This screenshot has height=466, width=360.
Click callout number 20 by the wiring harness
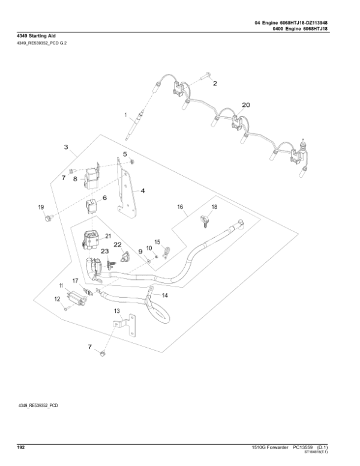coord(245,104)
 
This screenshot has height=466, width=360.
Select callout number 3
coord(66,146)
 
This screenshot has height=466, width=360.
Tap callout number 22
coord(118,244)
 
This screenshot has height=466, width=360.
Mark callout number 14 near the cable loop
coord(166,296)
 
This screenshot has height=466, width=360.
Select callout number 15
coord(158,241)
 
